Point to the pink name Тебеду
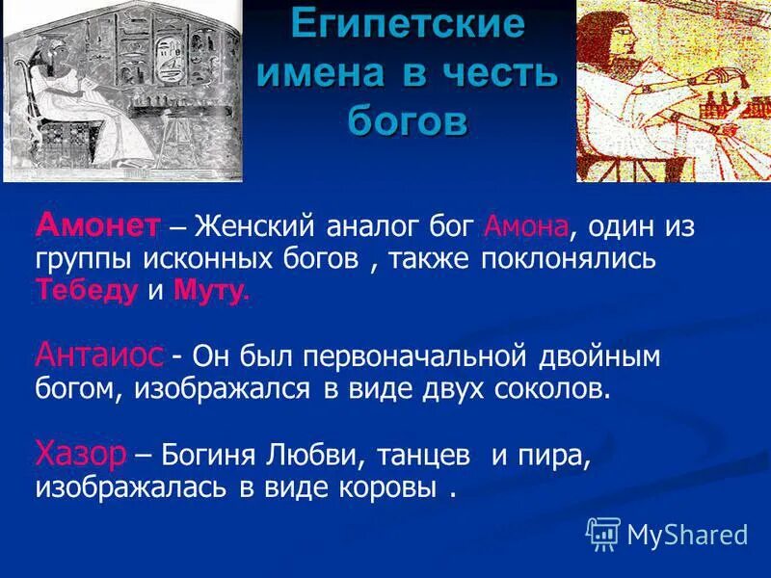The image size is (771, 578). (x=88, y=291)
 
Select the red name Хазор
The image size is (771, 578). (x=80, y=453)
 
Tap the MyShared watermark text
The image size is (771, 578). (x=687, y=533)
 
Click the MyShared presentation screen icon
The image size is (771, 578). (x=602, y=533)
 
